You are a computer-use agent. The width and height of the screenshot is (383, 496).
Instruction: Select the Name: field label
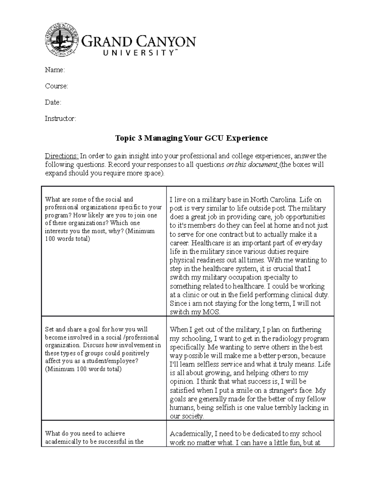click(x=55, y=70)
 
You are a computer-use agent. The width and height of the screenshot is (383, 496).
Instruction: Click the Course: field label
click(x=56, y=86)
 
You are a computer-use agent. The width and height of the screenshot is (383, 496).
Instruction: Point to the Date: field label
click(x=53, y=103)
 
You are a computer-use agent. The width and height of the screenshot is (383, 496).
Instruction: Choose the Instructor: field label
click(x=60, y=119)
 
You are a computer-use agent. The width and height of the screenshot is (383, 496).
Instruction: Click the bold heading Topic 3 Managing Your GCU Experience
click(x=191, y=138)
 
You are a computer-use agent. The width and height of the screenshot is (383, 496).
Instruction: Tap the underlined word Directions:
click(x=61, y=156)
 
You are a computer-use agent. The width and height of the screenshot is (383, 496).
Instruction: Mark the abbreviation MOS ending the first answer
click(x=211, y=312)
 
